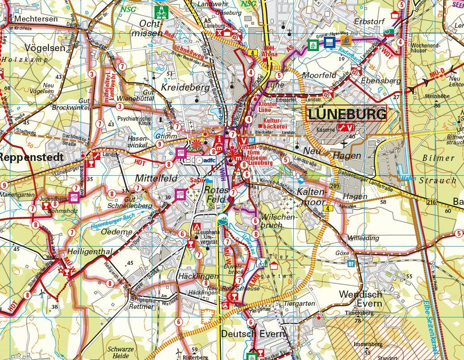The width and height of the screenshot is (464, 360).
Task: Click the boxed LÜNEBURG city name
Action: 347,114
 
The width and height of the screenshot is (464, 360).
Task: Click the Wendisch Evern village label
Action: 361,299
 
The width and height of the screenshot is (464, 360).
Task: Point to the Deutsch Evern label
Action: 253,334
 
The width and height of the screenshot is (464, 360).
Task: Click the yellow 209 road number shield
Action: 333,186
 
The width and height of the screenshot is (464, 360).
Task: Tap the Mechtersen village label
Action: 36,19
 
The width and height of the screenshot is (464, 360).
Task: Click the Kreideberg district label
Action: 185,87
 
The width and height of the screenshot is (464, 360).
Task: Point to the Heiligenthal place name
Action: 90,252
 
